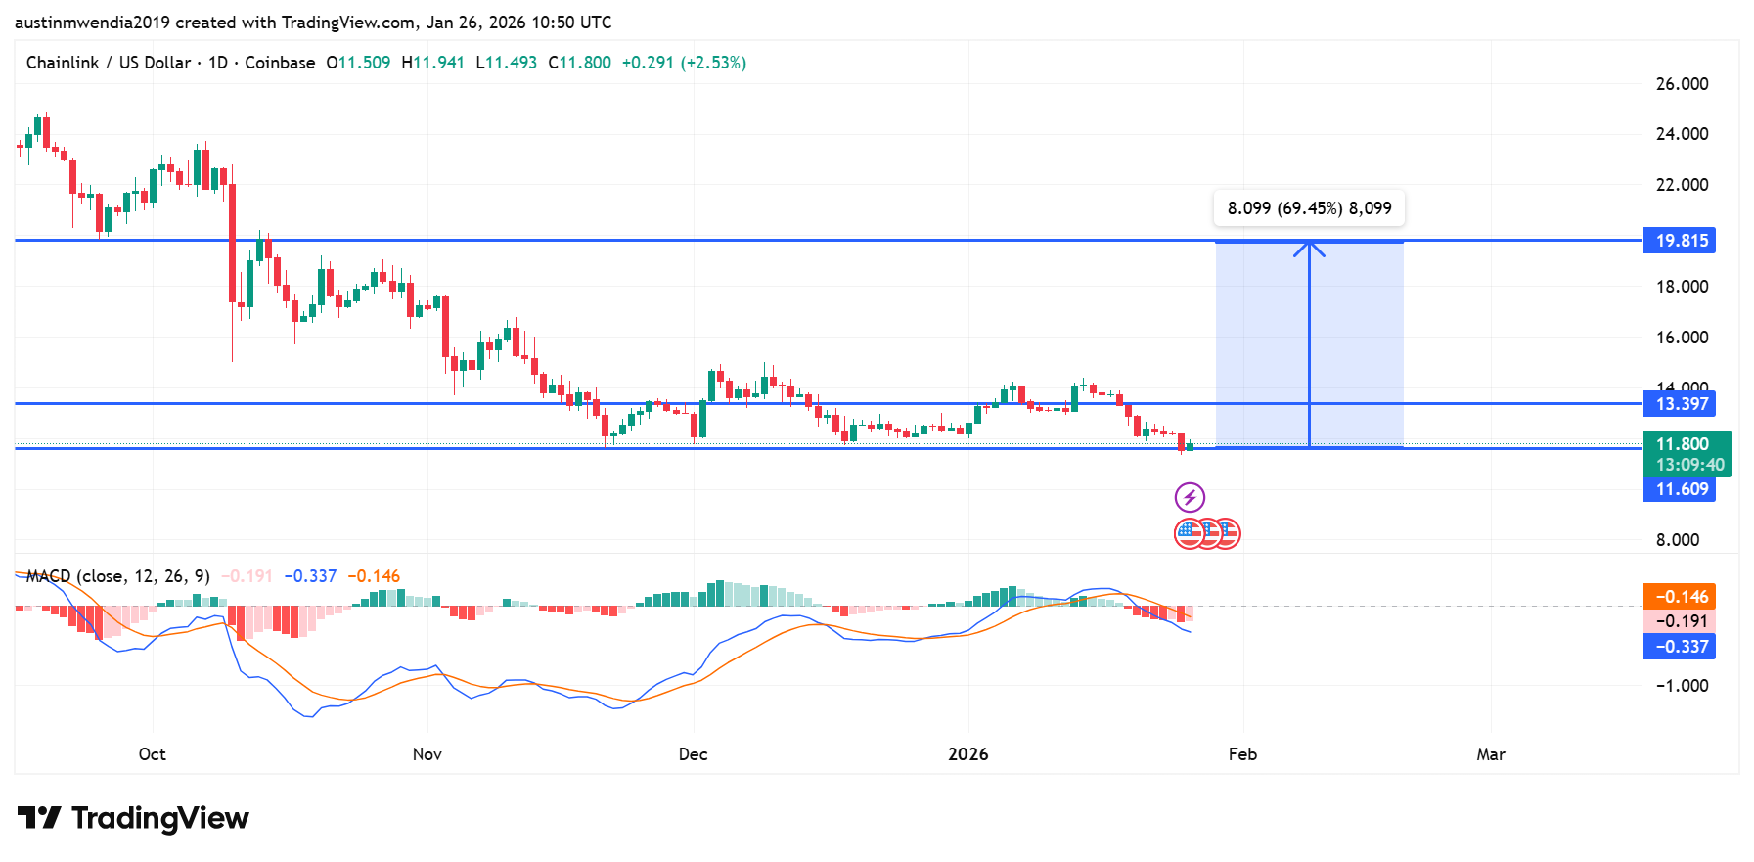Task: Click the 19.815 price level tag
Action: pos(1680,241)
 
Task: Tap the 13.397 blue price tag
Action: pos(1680,404)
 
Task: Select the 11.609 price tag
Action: pos(1680,489)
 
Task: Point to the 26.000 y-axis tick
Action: pos(1682,84)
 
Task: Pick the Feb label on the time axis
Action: pos(1242,754)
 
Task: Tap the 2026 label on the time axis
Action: pos(968,754)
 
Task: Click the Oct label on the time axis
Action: pos(152,754)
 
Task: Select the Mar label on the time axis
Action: pos(1490,754)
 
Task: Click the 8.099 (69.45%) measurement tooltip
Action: pos(1309,208)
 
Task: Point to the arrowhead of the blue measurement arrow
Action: pos(1309,246)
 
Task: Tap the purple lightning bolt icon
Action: pos(1190,497)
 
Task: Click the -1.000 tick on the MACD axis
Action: pos(1682,686)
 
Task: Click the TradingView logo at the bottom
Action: pos(134,818)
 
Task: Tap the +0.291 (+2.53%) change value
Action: pos(684,63)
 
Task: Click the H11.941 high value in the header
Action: pos(432,63)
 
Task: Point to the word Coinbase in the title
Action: pos(280,63)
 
